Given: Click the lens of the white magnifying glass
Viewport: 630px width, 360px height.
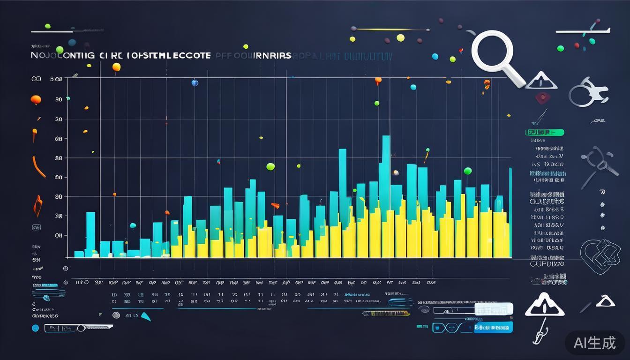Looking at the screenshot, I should pos(492,52).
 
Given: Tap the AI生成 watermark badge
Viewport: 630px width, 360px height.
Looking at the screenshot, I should pos(594,343).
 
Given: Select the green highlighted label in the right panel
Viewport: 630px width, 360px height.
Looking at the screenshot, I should pos(544,133).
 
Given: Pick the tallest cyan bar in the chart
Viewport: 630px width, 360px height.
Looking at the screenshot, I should pos(386,173).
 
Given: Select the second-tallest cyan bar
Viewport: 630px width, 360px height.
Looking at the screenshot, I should pos(343,178).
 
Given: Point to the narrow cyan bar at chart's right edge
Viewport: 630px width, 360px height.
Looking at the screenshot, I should pos(510,211).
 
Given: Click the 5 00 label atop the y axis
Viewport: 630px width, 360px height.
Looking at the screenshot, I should pos(56,79).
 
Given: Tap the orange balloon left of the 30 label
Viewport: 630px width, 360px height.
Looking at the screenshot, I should pos(36,99).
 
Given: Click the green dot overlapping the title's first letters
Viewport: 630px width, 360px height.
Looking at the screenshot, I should pos(60,50).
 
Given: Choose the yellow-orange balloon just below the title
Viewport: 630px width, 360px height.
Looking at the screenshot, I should pos(116,67).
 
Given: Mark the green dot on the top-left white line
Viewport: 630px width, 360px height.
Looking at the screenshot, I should pos(47,26).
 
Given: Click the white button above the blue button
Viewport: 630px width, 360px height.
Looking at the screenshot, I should pos(494,309).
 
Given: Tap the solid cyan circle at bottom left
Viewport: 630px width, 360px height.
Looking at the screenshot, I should pos(35,328).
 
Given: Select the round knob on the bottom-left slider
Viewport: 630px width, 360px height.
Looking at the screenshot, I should pos(81,328).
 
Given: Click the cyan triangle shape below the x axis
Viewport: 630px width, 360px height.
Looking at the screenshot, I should pos(146,316).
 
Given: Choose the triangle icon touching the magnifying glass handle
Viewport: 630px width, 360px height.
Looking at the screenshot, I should pos(541,81).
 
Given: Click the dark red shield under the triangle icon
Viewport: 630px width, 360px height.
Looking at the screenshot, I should pos(542,97).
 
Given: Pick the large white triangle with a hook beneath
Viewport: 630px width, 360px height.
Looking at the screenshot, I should pos(544,306).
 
